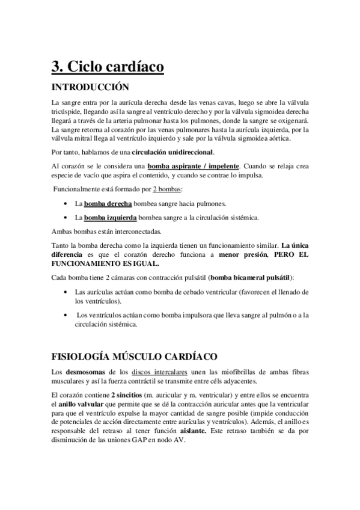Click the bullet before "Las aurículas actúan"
(x=64, y=292)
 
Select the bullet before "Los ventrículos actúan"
(x=64, y=315)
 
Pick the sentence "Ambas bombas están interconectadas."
(x=106, y=231)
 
